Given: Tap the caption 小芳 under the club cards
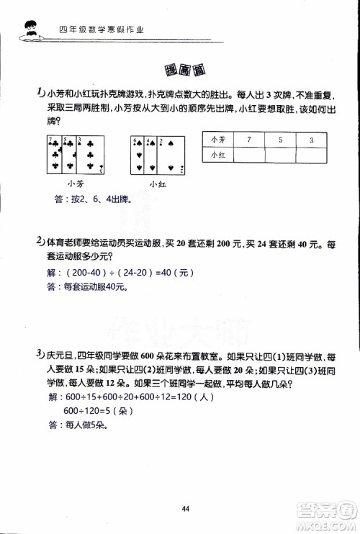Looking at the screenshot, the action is [75, 184].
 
